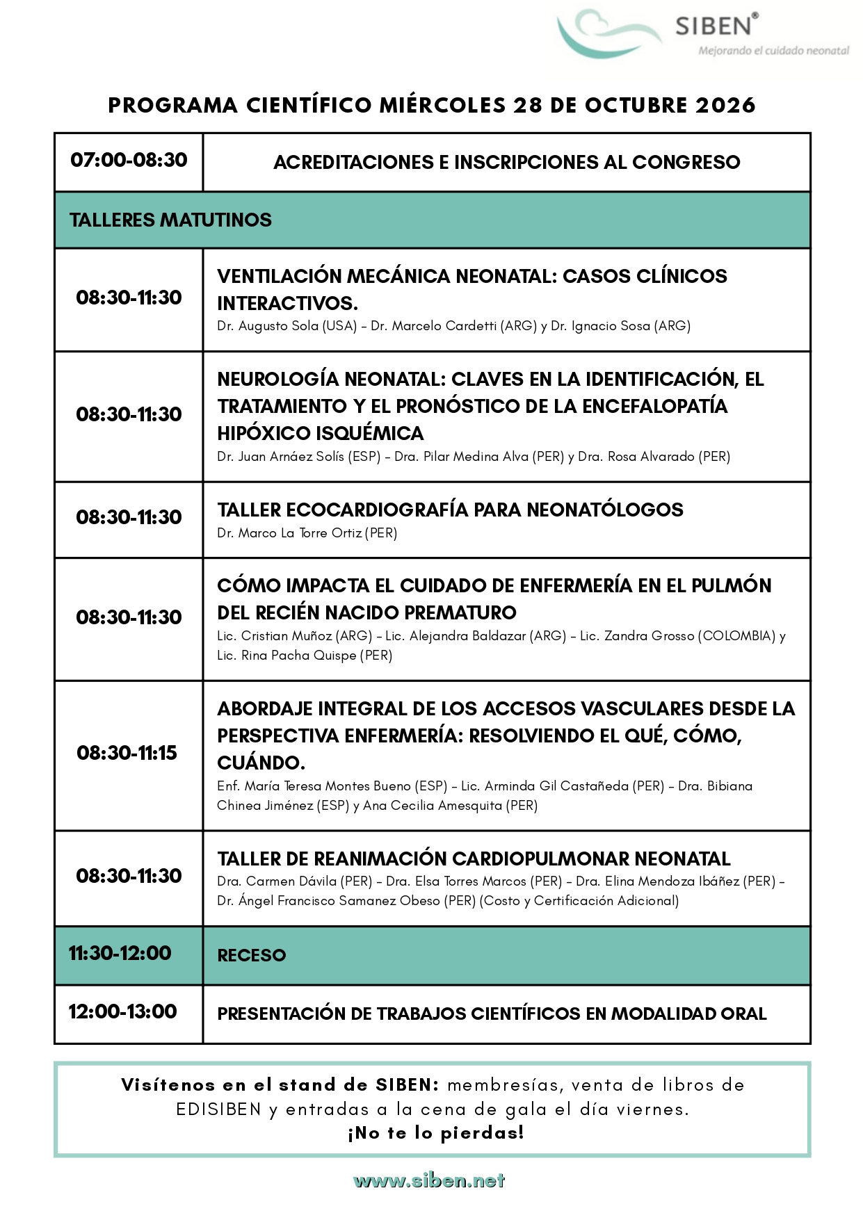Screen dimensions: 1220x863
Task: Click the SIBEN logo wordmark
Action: pos(713,26)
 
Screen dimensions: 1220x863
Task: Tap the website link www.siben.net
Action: pos(429,1180)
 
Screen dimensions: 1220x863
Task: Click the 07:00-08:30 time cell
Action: pos(129,160)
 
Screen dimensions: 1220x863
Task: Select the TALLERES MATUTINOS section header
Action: pos(170,220)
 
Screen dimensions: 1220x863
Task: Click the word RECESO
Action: pos(251,955)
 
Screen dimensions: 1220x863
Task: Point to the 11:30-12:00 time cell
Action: pos(120,953)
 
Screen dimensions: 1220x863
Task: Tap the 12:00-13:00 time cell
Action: pos(122,1011)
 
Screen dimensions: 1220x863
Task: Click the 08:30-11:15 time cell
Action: pos(127,753)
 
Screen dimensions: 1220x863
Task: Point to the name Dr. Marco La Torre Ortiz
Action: pos(289,533)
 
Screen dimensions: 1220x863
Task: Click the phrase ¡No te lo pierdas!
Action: pos(435,1133)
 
